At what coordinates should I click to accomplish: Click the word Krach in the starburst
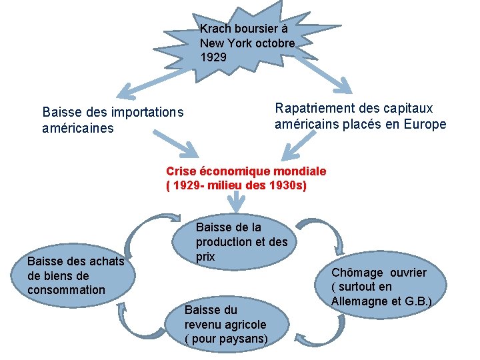click(215, 29)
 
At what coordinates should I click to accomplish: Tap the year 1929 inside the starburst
click(213, 57)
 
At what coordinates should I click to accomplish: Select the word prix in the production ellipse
click(205, 256)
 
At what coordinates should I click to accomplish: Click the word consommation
click(66, 289)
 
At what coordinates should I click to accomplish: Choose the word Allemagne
click(359, 302)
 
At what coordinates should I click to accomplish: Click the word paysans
click(244, 339)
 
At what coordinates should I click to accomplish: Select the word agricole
click(244, 325)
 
